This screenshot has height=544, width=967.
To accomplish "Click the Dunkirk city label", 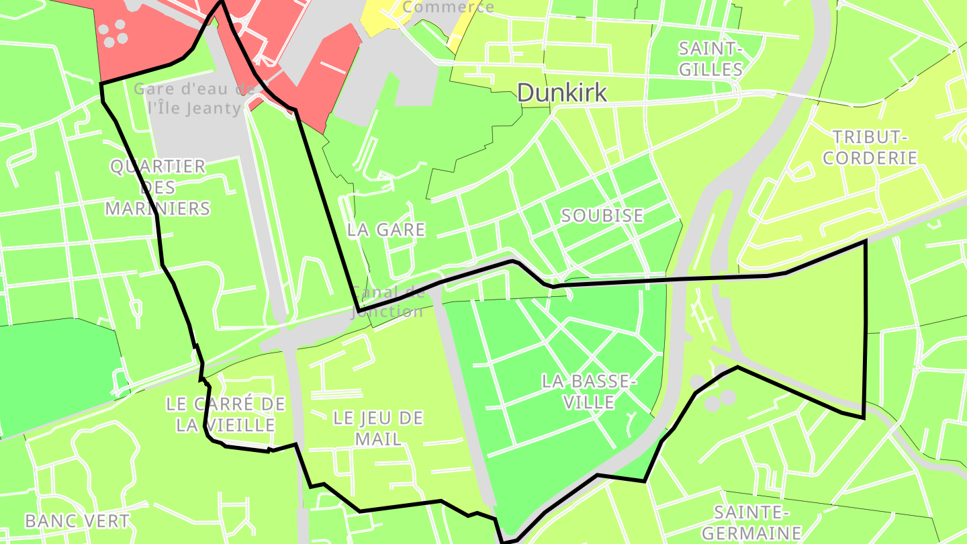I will point(562,93).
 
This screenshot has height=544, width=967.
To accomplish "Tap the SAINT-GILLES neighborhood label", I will point(710,59).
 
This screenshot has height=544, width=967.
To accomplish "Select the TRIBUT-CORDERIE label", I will point(870,148).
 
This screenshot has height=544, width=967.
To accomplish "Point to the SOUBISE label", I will point(602,216).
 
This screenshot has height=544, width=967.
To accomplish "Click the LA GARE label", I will point(386,230).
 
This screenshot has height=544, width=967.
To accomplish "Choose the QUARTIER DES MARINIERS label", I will point(158,187).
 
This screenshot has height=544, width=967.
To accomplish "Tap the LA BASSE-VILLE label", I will point(588,392).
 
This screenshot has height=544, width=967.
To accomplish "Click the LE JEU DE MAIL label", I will point(378,428).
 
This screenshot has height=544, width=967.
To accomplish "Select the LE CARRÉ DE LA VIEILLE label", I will point(226,414).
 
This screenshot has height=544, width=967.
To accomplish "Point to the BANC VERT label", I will point(77,520).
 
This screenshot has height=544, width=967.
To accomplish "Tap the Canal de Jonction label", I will point(387,302).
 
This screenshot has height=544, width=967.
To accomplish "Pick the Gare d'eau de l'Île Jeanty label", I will point(194,99).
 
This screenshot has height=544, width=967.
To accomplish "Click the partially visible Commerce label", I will point(449,7).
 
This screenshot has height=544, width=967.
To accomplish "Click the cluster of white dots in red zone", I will point(114,32).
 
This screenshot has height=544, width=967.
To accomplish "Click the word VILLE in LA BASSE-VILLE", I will point(588,402).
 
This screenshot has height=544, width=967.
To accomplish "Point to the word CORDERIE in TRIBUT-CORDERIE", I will point(870,158).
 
